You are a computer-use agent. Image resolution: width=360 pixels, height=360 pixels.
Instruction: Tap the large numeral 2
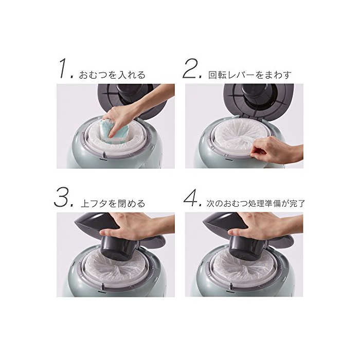click(190, 68)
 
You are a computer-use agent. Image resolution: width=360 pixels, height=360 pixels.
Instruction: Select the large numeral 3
click(61, 197)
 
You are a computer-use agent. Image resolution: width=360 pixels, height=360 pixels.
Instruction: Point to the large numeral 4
click(191, 197)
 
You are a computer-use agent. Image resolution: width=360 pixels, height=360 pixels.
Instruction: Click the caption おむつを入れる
click(112, 75)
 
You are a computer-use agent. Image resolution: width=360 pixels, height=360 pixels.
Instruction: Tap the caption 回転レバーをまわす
click(250, 75)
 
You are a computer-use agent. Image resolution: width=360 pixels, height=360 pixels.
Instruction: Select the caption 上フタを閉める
click(113, 204)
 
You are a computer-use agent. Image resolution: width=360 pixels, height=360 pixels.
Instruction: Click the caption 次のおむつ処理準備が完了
click(255, 204)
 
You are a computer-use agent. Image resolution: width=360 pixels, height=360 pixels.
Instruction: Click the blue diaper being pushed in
click(115, 132)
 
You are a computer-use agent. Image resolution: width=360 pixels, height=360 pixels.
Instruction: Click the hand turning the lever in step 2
click(277, 150)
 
